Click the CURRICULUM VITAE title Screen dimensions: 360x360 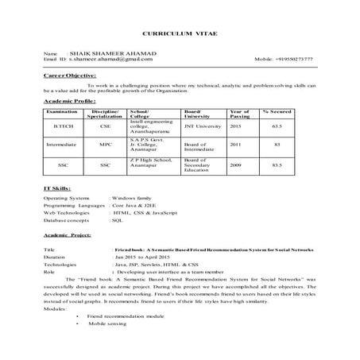[x=180, y=37]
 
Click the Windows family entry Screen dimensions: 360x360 [x=134, y=196]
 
